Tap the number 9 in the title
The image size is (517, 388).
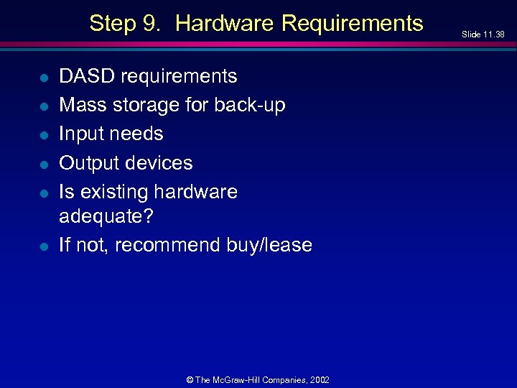tap(152, 24)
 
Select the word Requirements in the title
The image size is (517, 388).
tap(353, 24)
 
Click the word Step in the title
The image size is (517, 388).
tap(112, 24)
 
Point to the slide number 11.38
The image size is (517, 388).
tap(493, 34)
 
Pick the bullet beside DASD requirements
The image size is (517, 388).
tap(43, 77)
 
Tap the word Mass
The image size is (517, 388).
tap(82, 105)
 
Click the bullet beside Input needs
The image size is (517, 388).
tap(43, 134)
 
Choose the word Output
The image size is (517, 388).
tap(88, 163)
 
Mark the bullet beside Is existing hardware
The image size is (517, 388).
tap(43, 193)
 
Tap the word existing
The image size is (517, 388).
tap(111, 193)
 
